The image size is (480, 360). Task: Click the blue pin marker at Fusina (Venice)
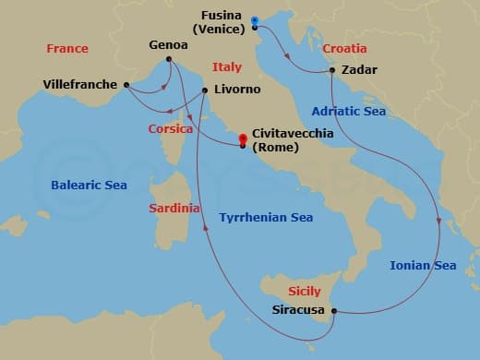(x=254, y=22)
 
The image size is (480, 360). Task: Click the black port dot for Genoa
(x=169, y=61)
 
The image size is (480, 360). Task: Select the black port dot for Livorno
(x=204, y=90)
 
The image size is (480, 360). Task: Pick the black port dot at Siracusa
(x=333, y=311)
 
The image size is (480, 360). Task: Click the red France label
(x=67, y=49)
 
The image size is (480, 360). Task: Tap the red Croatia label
(x=344, y=48)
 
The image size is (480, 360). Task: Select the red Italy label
(x=227, y=67)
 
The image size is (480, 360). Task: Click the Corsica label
(x=171, y=129)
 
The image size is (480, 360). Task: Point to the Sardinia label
(x=174, y=209)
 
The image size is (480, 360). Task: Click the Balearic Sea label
(x=89, y=185)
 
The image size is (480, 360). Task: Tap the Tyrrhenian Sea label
(x=266, y=217)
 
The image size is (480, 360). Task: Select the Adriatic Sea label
(x=348, y=111)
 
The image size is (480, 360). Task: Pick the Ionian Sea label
(x=423, y=266)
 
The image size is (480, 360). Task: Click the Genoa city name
(x=169, y=45)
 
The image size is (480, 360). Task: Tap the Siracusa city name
(x=299, y=311)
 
